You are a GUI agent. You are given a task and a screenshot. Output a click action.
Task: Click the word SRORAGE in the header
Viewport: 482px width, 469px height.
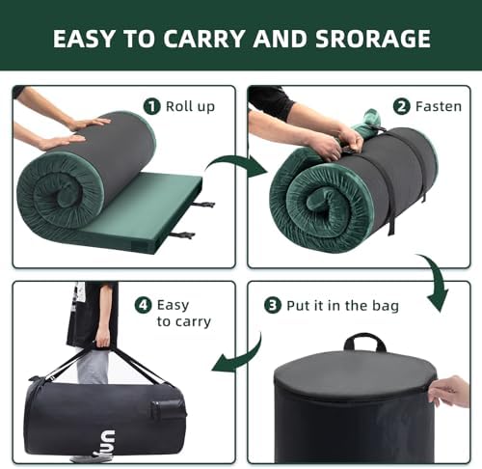click(x=373, y=39)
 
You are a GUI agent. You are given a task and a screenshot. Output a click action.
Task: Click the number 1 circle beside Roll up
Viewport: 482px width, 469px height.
click(x=151, y=106)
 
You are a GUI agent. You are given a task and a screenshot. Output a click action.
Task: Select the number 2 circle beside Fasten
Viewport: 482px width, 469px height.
click(x=402, y=106)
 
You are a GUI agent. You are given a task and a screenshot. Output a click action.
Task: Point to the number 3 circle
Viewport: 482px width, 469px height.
click(x=273, y=305)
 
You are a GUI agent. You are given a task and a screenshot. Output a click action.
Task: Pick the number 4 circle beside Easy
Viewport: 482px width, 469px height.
click(x=143, y=305)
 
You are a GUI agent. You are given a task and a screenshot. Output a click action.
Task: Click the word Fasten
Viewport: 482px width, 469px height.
click(x=439, y=106)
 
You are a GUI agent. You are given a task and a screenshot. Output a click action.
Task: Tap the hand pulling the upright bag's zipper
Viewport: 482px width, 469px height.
click(x=450, y=391)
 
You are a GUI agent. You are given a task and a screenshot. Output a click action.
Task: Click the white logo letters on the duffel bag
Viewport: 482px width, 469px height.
click(x=107, y=443)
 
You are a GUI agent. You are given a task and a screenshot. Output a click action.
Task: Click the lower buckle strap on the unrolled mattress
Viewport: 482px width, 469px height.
click(x=182, y=234)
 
